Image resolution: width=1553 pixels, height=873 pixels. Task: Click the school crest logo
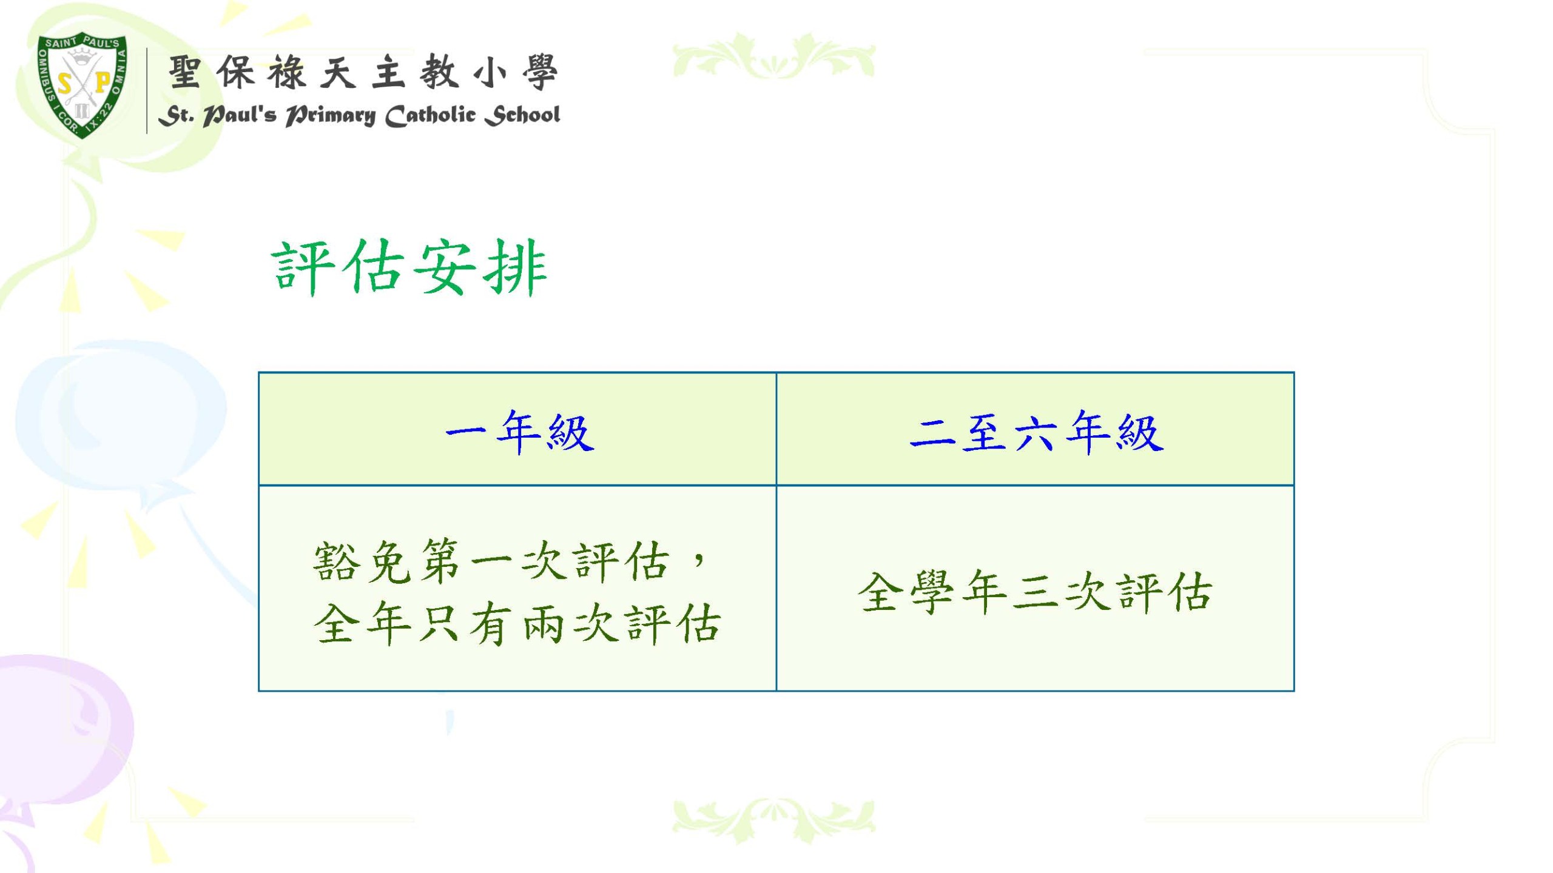83,86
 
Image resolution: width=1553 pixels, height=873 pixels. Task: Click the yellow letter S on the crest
64,83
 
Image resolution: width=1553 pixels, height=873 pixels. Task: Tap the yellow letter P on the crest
103,82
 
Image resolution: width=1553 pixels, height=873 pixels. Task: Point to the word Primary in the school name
331,115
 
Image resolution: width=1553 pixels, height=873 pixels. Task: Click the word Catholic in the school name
431,115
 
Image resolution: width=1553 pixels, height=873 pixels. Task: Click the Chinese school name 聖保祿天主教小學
363,72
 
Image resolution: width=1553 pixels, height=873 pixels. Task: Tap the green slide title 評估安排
410,267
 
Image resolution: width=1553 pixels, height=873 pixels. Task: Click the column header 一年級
519,432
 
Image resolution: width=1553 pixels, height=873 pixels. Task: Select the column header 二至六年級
1036,432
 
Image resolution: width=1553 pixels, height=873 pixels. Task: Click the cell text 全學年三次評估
1035,592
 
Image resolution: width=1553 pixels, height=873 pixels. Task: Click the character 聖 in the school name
184,72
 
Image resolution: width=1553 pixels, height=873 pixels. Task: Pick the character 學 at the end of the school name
540,72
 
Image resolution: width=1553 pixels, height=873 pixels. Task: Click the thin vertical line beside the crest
147,91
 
